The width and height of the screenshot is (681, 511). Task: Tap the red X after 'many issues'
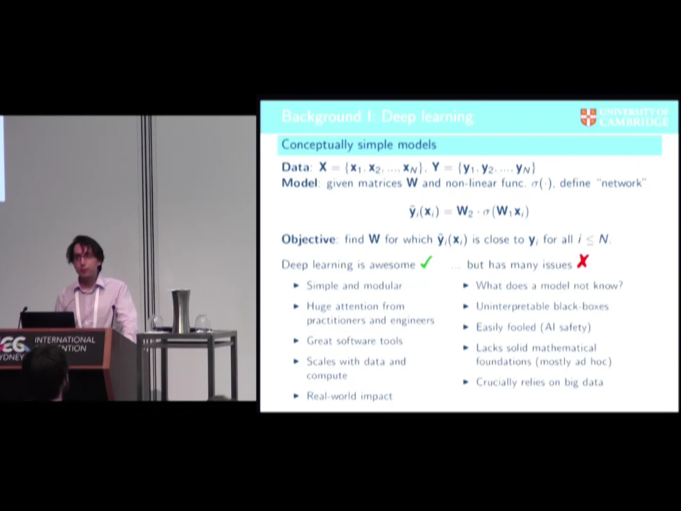point(583,261)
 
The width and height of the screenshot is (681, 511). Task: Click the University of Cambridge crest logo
point(588,117)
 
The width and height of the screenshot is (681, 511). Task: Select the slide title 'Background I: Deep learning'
point(377,116)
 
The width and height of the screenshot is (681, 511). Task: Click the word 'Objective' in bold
point(308,239)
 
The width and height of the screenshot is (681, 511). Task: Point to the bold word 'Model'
point(299,183)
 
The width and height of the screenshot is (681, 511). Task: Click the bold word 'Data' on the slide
point(296,167)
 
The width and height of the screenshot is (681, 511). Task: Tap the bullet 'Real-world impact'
point(349,396)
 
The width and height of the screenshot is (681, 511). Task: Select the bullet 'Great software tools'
point(354,341)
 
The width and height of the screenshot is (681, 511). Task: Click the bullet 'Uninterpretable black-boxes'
point(542,307)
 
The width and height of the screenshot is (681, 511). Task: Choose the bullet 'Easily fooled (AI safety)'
point(533,327)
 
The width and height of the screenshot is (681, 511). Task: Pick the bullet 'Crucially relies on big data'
point(539,382)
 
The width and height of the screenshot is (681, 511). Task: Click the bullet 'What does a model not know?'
point(549,286)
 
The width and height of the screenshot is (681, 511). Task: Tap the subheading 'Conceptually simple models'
point(358,145)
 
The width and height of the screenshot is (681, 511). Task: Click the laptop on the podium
point(47,320)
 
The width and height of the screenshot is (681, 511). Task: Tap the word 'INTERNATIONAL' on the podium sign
point(65,340)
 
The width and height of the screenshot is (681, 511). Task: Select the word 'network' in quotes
point(621,183)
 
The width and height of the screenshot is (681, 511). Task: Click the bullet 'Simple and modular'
point(354,286)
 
